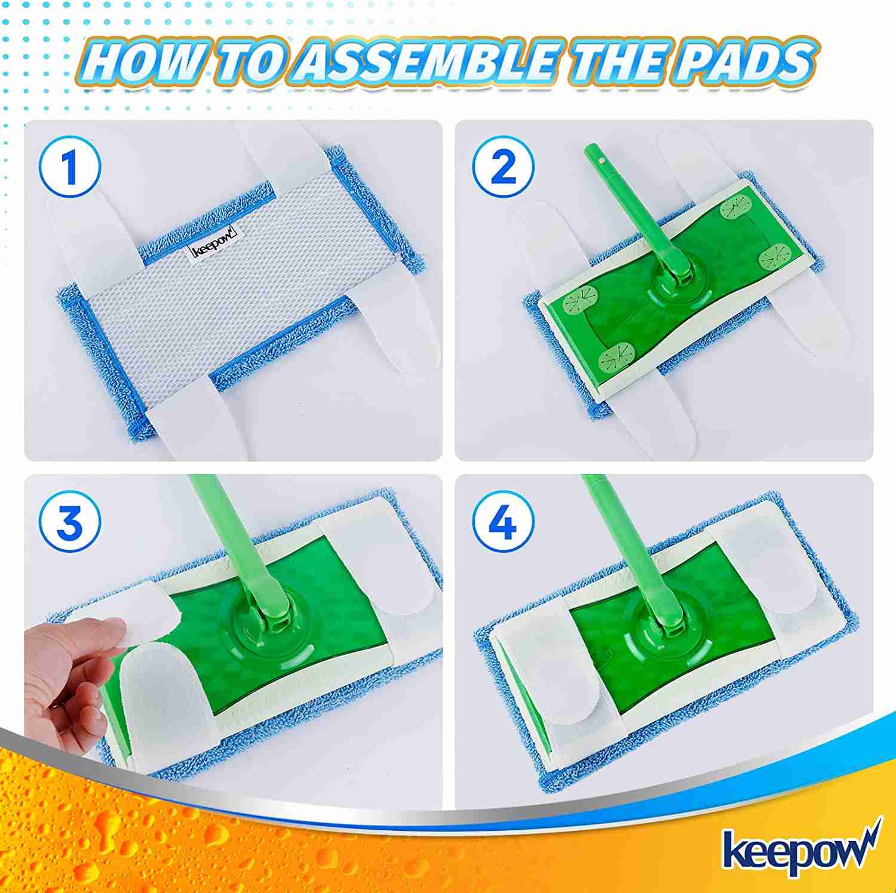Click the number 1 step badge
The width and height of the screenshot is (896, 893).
click(71, 168)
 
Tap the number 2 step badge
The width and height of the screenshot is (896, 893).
click(502, 168)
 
